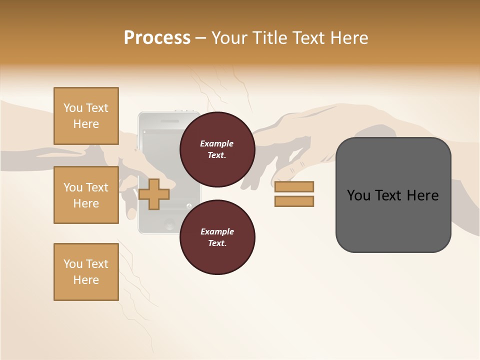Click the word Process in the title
[157, 38]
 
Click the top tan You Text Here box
[86, 116]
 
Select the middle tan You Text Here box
[86, 195]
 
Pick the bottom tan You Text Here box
[86, 272]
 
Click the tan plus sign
[154, 194]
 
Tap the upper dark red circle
[217, 149]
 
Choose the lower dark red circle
[217, 237]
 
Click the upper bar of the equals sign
[294, 186]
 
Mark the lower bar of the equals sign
[294, 201]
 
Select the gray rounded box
[393, 194]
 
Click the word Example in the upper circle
[217, 143]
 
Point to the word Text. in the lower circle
[217, 243]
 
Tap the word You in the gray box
[359, 195]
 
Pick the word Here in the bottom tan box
[86, 280]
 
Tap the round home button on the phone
[169, 223]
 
